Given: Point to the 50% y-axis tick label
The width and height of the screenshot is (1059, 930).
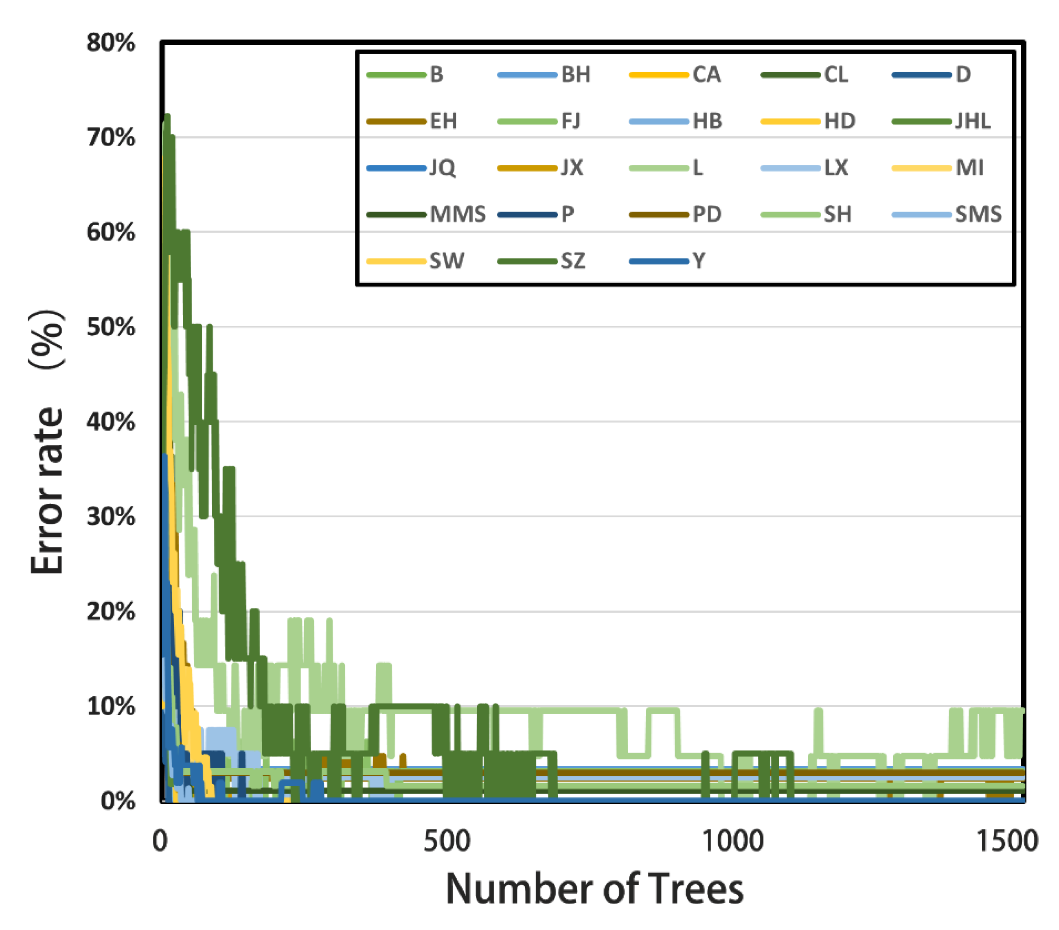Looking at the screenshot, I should (110, 327).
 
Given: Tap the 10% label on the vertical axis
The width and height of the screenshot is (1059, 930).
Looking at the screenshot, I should (110, 706).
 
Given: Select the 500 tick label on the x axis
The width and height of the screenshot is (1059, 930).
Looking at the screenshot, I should (447, 841).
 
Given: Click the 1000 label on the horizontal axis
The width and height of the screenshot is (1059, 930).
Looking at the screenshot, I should (732, 841).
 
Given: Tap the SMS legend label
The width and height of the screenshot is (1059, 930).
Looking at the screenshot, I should (978, 214).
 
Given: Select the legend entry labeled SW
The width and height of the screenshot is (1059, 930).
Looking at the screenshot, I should (447, 261).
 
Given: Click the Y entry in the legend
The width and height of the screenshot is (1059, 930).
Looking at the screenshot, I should (699, 261).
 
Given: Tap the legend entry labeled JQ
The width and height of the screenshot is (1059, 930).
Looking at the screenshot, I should (442, 168).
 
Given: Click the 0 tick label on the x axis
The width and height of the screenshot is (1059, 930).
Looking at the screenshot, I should (160, 841).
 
